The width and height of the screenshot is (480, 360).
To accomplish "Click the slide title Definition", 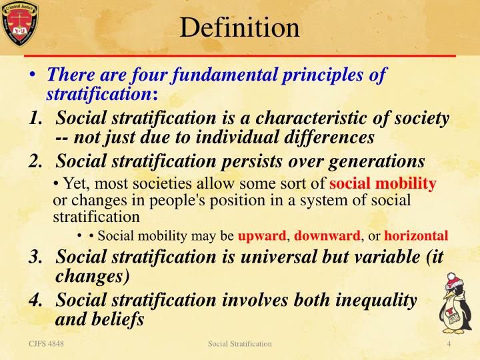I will (x=240, y=27).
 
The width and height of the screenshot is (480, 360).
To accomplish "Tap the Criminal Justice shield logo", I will (x=20, y=25).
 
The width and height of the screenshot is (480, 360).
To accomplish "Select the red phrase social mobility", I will (x=383, y=183).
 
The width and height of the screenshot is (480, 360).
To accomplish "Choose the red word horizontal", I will (x=415, y=235).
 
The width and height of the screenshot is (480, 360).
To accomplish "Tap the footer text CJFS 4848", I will (x=41, y=343).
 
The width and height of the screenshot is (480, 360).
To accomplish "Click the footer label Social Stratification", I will (x=240, y=343).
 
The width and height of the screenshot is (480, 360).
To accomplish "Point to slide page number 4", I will (x=449, y=343).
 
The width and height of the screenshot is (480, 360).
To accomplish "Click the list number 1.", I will (x=36, y=119).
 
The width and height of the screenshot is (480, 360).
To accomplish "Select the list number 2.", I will (x=36, y=162).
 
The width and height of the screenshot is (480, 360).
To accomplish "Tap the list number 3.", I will (x=36, y=257).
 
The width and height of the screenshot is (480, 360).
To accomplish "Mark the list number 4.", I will (x=36, y=300).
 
